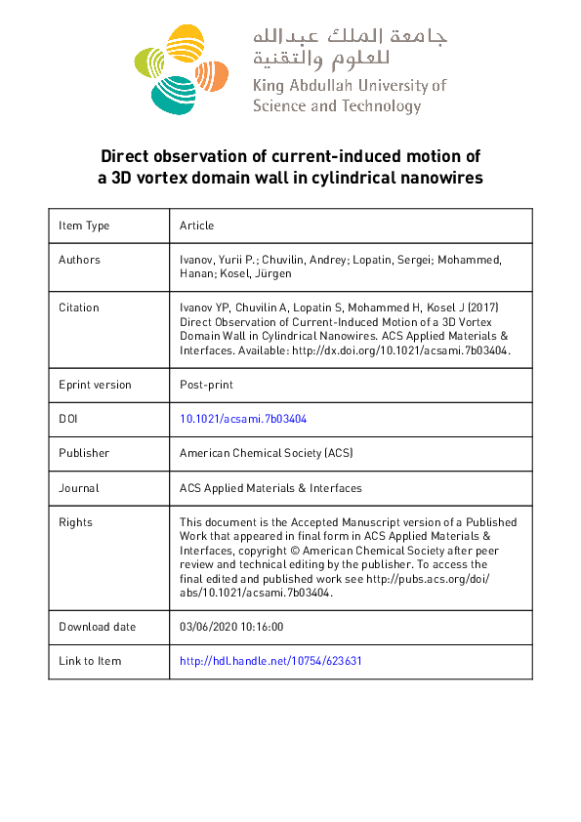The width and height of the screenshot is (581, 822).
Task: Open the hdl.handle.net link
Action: [270, 661]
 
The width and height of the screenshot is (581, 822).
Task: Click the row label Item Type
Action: [84, 226]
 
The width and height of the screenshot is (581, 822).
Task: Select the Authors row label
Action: [79, 260]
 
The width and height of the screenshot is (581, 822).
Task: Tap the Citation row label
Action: [79, 308]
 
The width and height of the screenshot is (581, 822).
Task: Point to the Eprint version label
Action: [95, 384]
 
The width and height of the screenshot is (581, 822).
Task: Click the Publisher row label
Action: [84, 453]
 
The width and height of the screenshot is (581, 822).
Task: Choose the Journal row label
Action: [79, 487]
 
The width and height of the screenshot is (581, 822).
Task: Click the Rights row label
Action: [75, 522]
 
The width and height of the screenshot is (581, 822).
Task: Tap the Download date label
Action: [98, 627]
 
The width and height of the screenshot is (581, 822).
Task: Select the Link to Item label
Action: [90, 661]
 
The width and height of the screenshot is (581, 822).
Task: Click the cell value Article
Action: [196, 226]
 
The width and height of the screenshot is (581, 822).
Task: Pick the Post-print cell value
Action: [205, 384]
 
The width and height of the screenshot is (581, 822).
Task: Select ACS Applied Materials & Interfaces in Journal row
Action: [270, 487]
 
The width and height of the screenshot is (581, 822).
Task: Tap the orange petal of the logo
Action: [209, 74]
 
